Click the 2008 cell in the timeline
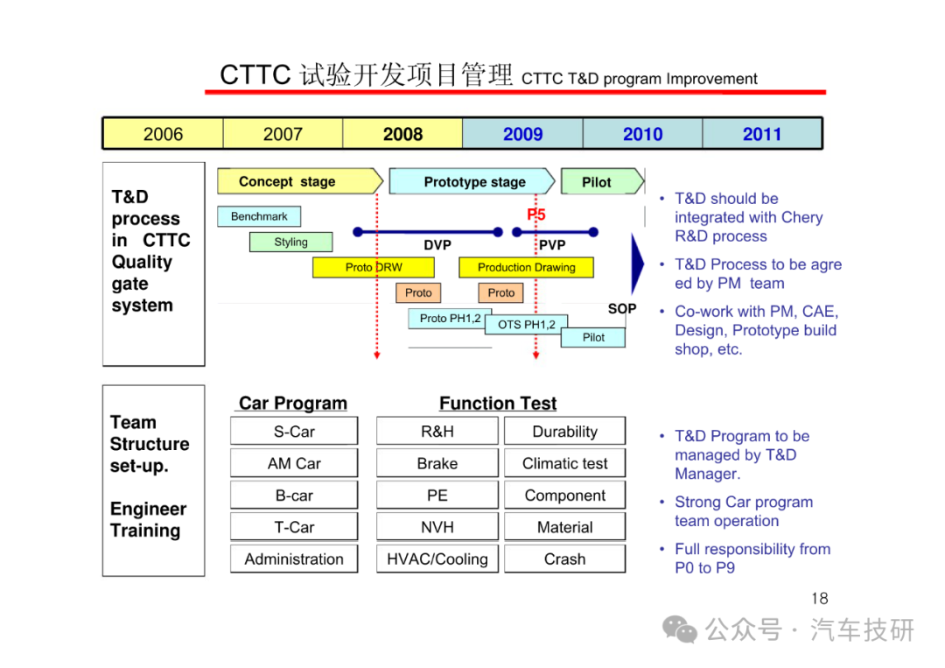pyautogui.click(x=402, y=134)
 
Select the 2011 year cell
pyautogui.click(x=762, y=134)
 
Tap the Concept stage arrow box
pyautogui.click(x=300, y=181)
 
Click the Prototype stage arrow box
pyautogui.click(x=472, y=181)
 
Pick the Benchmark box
pyautogui.click(x=259, y=216)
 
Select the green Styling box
pyautogui.click(x=291, y=242)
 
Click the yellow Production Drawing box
pyautogui.click(x=526, y=267)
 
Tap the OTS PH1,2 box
pyautogui.click(x=526, y=324)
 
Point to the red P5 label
pyautogui.click(x=535, y=214)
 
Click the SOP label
pyautogui.click(x=622, y=309)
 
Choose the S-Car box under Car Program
pyautogui.click(x=294, y=432)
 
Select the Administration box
pyautogui.click(x=294, y=559)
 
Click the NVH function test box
pyautogui.click(x=437, y=527)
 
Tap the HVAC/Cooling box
pyautogui.click(x=437, y=559)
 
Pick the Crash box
pyautogui.click(x=564, y=559)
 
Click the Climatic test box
pyautogui.click(x=564, y=463)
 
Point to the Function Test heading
pyautogui.click(x=498, y=403)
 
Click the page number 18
pyautogui.click(x=820, y=599)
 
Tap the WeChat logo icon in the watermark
pyautogui.click(x=679, y=630)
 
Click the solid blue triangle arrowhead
pyautogui.click(x=636, y=264)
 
